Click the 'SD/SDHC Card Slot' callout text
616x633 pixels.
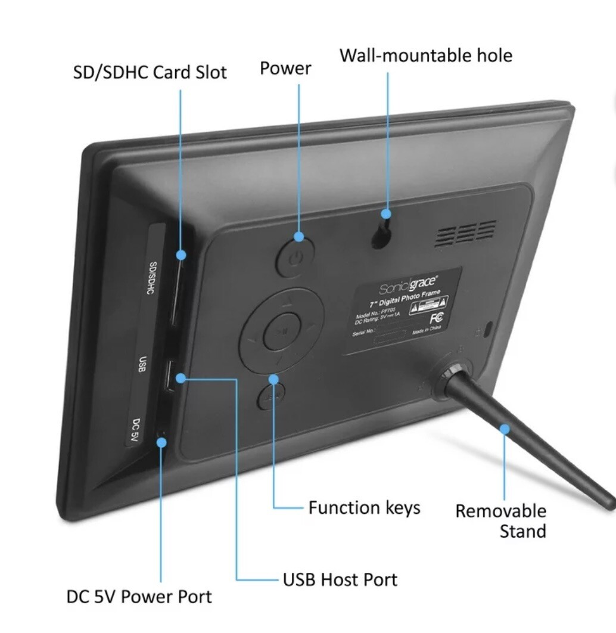tap(150, 73)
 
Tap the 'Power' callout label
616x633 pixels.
tap(285, 69)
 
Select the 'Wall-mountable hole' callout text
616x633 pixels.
tap(425, 55)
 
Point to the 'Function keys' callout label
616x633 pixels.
tap(364, 508)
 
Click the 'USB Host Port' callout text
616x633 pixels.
tap(340, 579)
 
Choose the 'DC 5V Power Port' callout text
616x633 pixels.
tap(139, 597)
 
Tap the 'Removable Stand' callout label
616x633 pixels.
tap(500, 521)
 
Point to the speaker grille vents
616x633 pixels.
tap(465, 233)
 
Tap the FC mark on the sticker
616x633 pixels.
tap(437, 318)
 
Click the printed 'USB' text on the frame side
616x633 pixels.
tap(142, 364)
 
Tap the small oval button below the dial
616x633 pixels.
tap(271, 396)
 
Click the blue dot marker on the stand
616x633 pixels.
tap(505, 428)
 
